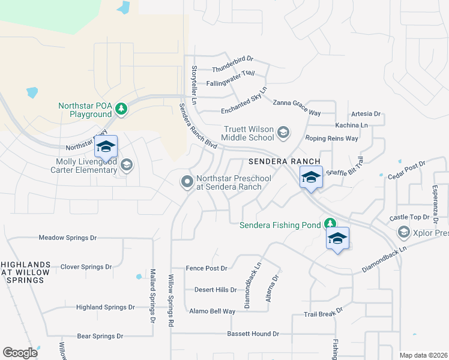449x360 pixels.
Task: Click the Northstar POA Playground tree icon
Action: [122, 109]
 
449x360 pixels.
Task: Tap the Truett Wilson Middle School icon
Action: [283, 131]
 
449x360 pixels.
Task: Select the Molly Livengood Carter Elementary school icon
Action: [126, 164]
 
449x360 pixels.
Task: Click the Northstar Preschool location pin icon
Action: [187, 181]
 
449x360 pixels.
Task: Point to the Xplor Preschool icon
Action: [403, 232]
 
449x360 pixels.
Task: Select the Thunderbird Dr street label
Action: [233, 60]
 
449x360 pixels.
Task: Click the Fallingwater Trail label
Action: [231, 74]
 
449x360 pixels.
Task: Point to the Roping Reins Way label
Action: [331, 139]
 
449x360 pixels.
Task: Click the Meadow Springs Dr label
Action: [68, 238]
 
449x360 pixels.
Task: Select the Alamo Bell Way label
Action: [212, 311]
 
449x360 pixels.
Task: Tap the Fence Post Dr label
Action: [207, 269]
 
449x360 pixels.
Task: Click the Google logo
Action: [20, 353]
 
